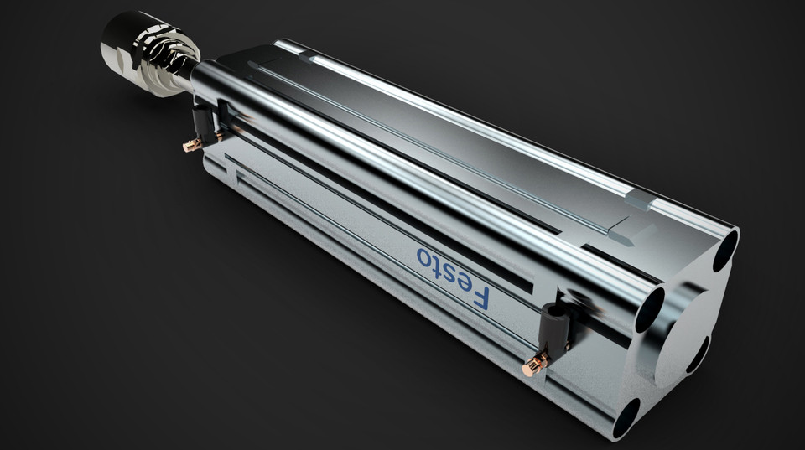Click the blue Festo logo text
(x=453, y=276)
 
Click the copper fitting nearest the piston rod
(x=192, y=146)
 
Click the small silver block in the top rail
(x=639, y=199)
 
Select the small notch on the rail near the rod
(x=312, y=59)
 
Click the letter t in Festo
(x=437, y=263)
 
